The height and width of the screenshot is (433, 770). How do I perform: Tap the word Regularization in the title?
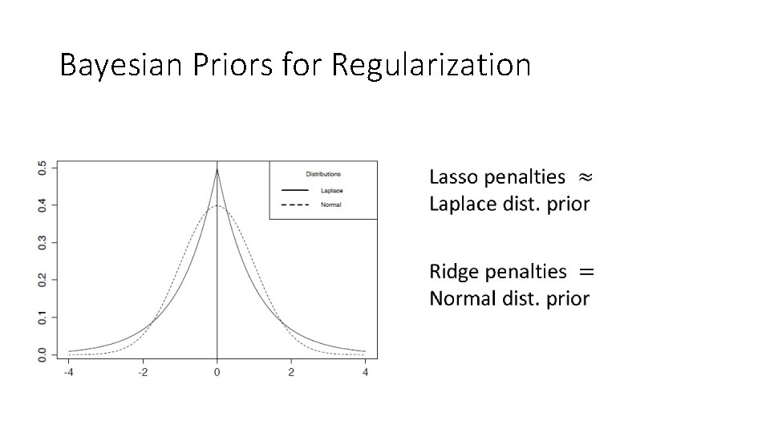(430, 65)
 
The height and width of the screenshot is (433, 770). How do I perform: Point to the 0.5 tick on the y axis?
(42, 168)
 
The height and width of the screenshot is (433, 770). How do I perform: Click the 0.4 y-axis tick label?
(42, 205)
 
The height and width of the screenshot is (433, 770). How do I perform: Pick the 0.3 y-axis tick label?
(42, 242)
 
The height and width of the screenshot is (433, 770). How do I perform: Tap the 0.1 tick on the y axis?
(42, 318)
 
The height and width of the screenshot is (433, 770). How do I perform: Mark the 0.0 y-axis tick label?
(42, 354)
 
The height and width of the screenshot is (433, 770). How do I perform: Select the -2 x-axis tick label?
(142, 372)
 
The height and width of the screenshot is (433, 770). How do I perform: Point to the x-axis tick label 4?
(365, 372)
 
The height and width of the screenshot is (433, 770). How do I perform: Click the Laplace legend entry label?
(331, 190)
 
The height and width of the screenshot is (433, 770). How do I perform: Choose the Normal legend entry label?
(330, 204)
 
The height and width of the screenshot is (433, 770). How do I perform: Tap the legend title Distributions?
(323, 174)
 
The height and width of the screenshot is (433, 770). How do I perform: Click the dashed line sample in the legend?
(294, 204)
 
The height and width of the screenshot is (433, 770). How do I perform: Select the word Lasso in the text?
(452, 176)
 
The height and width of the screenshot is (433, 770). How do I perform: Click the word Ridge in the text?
(453, 272)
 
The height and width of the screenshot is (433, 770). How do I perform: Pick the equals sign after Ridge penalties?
(586, 272)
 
